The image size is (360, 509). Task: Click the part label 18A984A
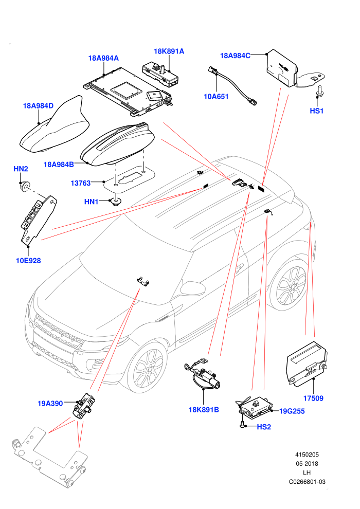click(103, 58)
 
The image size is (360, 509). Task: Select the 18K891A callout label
click(169, 51)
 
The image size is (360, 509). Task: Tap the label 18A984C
click(235, 56)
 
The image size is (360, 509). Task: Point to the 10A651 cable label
click(216, 97)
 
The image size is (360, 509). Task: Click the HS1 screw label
click(316, 111)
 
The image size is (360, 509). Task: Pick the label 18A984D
click(38, 106)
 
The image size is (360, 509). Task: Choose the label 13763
click(81, 183)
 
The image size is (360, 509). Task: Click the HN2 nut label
click(21, 169)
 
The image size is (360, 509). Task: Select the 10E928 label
click(28, 260)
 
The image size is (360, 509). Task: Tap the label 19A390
click(50, 404)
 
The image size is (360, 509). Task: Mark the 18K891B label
click(204, 410)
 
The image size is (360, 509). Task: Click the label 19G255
click(292, 411)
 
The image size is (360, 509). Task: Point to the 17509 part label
click(313, 398)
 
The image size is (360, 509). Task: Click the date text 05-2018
click(307, 464)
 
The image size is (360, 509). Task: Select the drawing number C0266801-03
click(307, 482)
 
